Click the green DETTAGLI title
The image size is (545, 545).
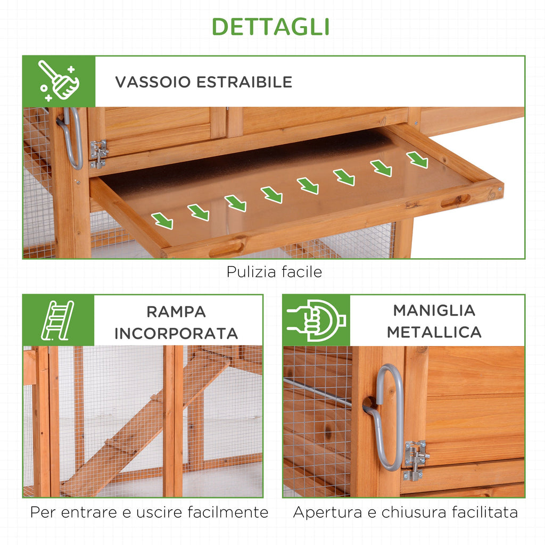point(271,27)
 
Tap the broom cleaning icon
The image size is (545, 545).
point(59,81)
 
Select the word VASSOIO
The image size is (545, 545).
point(153,82)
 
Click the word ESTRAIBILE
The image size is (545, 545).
point(244,82)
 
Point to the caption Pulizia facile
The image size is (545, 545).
point(274,272)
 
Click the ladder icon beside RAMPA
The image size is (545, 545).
point(57,320)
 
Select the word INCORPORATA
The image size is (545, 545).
point(176,334)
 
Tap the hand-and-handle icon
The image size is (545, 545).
point(316,320)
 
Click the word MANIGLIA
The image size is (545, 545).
point(434,310)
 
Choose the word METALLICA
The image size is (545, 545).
point(434,332)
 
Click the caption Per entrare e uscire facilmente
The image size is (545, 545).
point(149,513)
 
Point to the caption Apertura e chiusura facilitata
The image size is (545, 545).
point(405,513)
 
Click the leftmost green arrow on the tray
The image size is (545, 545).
point(162,221)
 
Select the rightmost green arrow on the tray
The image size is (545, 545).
point(417,160)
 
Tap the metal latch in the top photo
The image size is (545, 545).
point(98,154)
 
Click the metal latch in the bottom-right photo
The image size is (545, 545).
point(416,460)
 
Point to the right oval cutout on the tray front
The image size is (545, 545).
point(456,201)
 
